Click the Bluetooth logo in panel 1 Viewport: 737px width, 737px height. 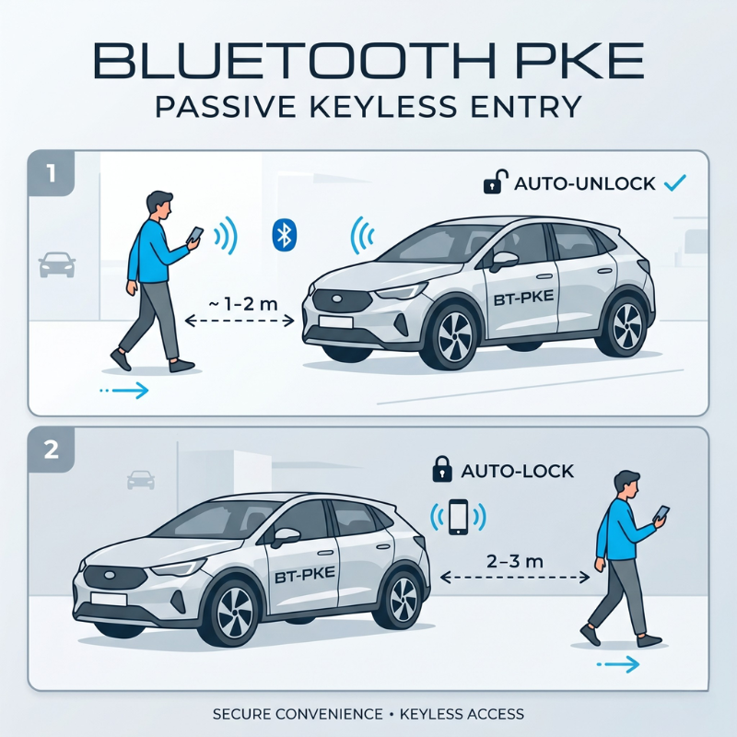click(x=285, y=235)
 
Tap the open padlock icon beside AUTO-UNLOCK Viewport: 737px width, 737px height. click(x=496, y=182)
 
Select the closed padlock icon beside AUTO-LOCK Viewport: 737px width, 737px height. click(x=442, y=469)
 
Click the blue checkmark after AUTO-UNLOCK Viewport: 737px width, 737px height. click(x=675, y=182)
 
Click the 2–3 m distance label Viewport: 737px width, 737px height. click(x=515, y=561)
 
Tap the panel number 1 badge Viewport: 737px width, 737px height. click(x=52, y=173)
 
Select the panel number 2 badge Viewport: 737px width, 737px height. click(x=52, y=450)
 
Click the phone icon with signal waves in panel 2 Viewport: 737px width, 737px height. click(x=458, y=517)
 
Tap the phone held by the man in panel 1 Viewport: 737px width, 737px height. click(x=195, y=235)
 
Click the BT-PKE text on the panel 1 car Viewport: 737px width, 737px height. click(x=523, y=298)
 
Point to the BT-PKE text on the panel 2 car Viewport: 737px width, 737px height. click(x=305, y=574)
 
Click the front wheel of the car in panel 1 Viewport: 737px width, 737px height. click(x=454, y=336)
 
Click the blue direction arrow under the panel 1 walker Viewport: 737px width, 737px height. click(x=124, y=390)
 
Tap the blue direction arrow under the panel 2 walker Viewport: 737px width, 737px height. click(x=617, y=664)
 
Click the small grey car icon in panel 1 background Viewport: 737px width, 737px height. click(x=57, y=264)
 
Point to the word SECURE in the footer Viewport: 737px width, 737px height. click(x=240, y=715)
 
